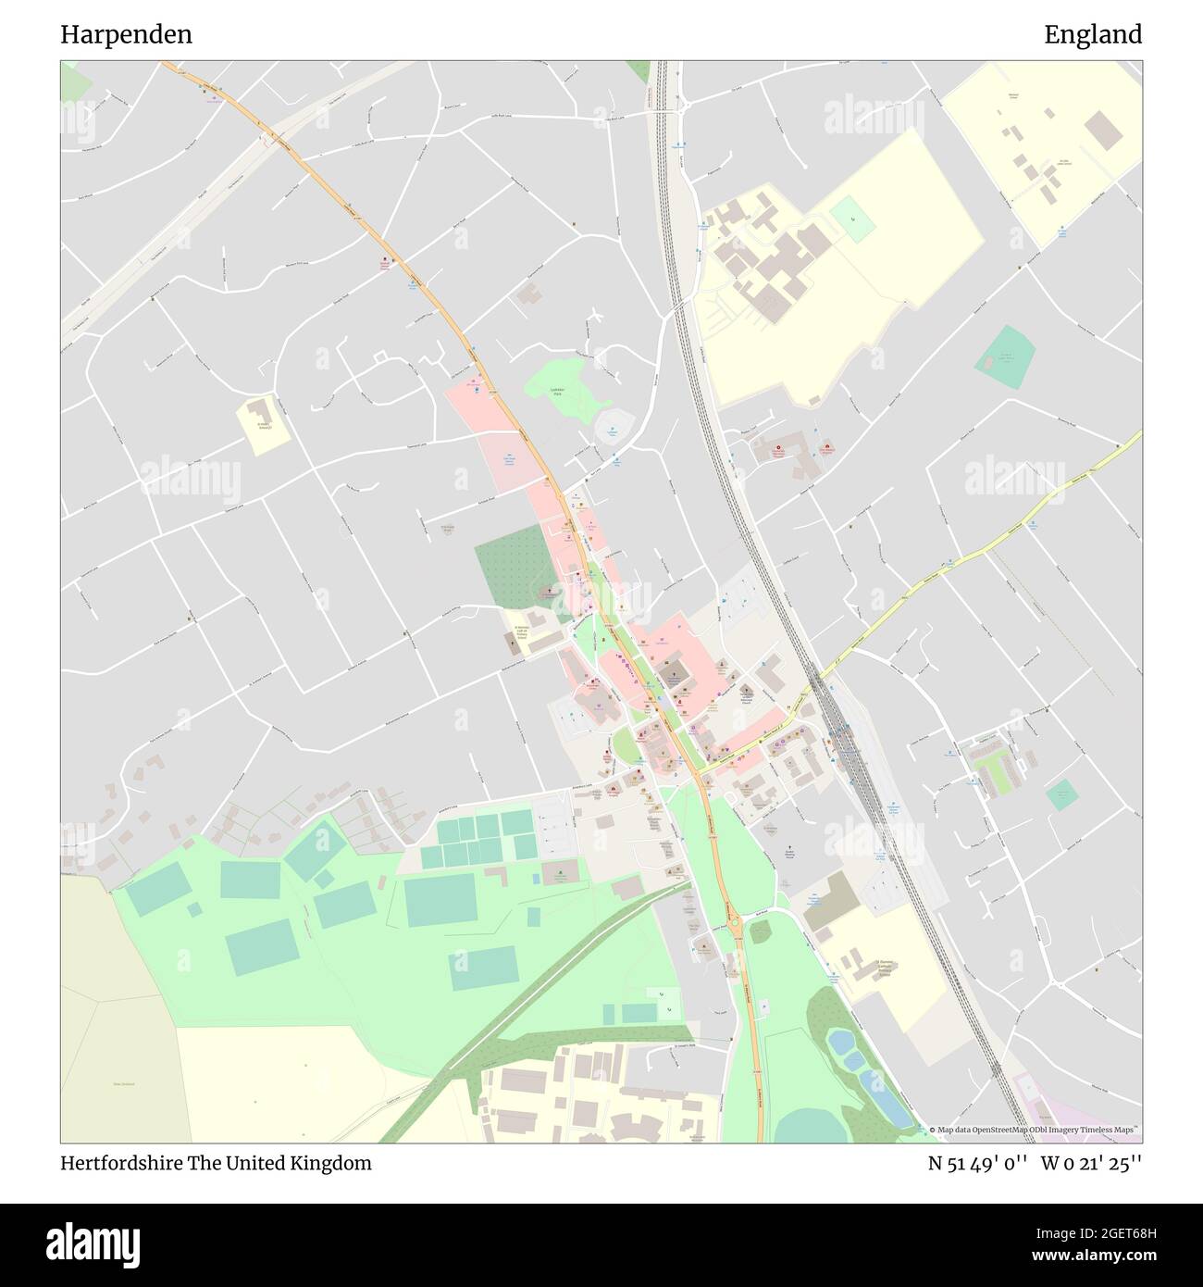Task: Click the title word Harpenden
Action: click(x=127, y=35)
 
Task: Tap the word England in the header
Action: click(x=1093, y=35)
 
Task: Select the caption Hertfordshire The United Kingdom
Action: click(x=217, y=1163)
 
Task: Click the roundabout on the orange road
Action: click(x=736, y=924)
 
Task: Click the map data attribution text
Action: click(x=1035, y=1130)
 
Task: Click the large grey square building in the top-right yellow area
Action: click(x=1102, y=131)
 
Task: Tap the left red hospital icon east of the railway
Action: click(x=778, y=452)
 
